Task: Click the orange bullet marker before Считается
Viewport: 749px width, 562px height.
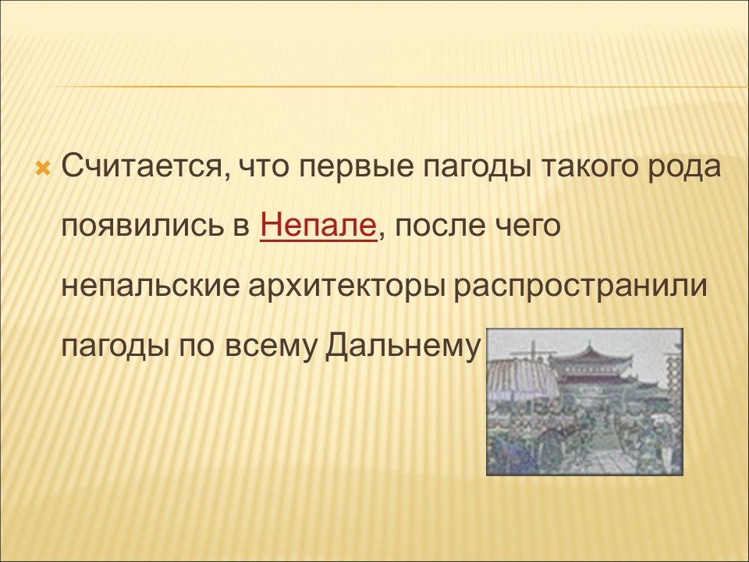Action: point(43,169)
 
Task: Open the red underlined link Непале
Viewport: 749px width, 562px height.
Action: point(318,227)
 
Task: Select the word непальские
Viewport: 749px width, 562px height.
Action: point(151,286)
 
